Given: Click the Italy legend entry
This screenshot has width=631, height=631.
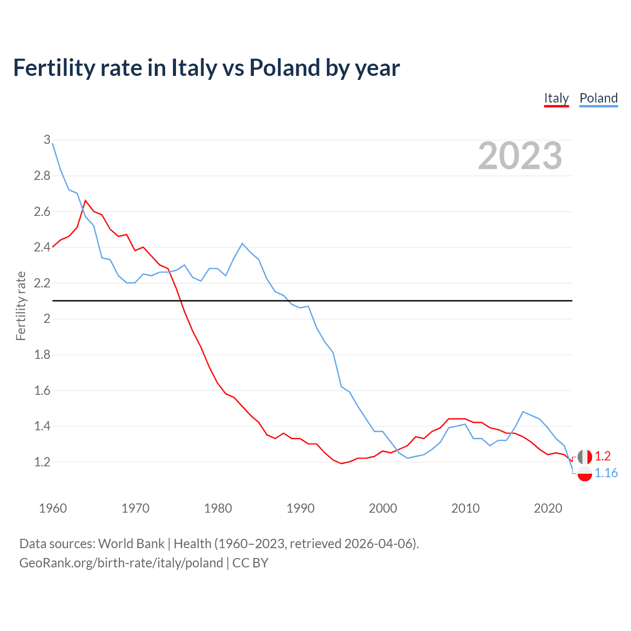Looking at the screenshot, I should (556, 98).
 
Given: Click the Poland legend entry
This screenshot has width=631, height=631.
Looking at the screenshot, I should (598, 98).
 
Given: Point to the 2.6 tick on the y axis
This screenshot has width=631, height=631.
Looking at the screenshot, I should (42, 211).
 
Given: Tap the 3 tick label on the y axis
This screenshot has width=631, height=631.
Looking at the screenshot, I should (47, 140).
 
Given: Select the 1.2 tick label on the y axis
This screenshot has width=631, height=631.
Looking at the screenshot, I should (42, 462).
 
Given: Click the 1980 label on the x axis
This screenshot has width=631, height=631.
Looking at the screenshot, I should (218, 508).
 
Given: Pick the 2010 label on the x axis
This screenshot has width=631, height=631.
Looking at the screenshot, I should (465, 508).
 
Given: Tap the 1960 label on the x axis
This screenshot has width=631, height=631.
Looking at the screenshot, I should (53, 508).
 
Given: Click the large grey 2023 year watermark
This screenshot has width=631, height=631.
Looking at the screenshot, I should (520, 156).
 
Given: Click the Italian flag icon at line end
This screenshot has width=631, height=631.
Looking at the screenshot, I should (585, 456).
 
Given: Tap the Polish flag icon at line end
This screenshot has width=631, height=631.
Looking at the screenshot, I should (585, 473).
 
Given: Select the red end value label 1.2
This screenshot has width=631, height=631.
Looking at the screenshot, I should (602, 456).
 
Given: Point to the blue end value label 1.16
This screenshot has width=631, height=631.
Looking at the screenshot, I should (606, 473).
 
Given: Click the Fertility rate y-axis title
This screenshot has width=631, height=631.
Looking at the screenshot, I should (21, 306).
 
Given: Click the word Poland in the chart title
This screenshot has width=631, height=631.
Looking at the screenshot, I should (283, 68).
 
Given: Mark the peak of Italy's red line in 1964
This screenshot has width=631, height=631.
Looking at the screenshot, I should (85, 200).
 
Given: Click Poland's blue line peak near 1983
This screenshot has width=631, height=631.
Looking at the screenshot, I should (242, 243).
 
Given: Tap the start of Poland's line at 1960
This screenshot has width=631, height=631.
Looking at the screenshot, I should (53, 143).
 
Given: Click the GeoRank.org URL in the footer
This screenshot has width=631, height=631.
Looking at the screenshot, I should (121, 563).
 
